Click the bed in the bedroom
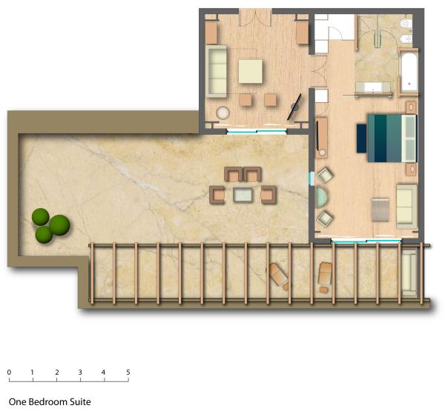392,138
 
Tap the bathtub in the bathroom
409,73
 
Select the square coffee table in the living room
250,71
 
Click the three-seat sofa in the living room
217,71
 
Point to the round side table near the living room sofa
223,113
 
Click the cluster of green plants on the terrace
50,225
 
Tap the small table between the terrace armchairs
243,195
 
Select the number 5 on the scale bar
128,372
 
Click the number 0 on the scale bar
9,372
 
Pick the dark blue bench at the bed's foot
362,138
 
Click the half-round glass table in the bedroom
321,198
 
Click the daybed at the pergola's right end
409,273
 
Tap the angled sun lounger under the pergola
279,276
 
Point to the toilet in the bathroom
406,24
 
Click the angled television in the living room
294,107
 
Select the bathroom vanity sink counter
373,87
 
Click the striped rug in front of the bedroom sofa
380,210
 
